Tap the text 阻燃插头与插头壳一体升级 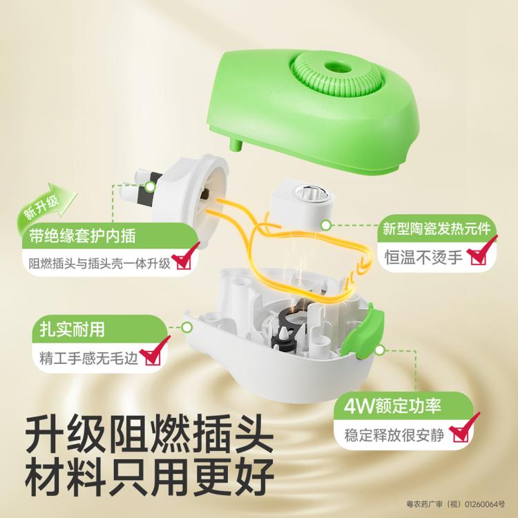(99, 263)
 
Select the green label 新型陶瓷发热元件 (437, 229)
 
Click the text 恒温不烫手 (423, 257)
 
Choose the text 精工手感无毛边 (88, 358)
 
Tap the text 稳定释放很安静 (394, 435)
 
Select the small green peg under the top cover (236, 145)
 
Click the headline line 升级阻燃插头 (150, 434)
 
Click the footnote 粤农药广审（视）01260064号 (456, 504)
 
